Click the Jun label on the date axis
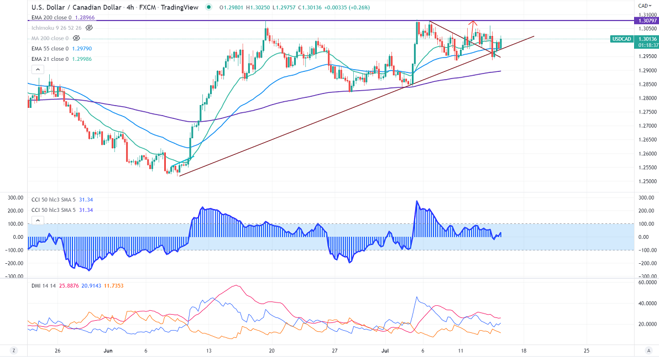pyautogui.click(x=108, y=350)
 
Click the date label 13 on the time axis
pyautogui.click(x=208, y=350)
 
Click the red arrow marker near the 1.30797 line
pyautogui.click(x=472, y=23)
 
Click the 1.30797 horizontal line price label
pyautogui.click(x=644, y=20)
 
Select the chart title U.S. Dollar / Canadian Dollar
pyautogui.click(x=81, y=8)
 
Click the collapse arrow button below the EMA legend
pyautogui.click(x=37, y=70)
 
